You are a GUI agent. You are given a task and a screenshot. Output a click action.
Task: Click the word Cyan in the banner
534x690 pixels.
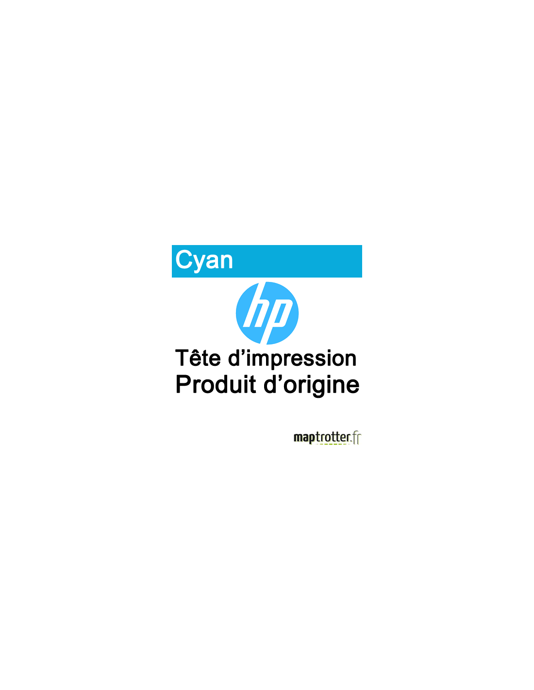(x=204, y=260)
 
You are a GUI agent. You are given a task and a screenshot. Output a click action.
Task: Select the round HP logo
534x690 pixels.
(x=267, y=313)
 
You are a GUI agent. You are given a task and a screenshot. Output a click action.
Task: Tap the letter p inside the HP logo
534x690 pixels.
(x=277, y=321)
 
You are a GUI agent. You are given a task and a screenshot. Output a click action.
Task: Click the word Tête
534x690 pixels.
(x=198, y=358)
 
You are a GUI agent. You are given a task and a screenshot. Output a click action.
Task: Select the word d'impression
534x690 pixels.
(x=292, y=359)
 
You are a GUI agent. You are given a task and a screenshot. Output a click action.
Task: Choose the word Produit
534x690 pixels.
(x=216, y=384)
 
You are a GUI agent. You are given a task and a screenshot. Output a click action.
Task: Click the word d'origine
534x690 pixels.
(x=312, y=386)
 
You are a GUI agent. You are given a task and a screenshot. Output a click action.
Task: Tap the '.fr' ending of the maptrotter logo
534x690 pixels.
(x=356, y=438)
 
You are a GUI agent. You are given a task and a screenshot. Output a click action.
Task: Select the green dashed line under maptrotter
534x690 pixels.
(x=331, y=444)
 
